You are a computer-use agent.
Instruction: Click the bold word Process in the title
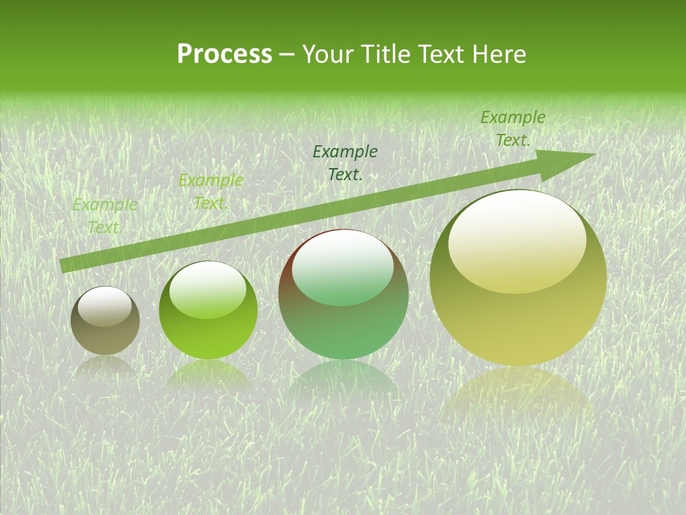(224, 54)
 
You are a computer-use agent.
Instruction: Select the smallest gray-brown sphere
(105, 320)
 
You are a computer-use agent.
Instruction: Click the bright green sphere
(208, 310)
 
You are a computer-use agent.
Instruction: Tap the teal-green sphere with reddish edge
(343, 294)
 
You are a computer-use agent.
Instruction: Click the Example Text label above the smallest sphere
(104, 216)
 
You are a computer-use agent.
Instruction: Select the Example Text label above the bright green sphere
(210, 192)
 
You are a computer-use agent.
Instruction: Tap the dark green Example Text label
(345, 162)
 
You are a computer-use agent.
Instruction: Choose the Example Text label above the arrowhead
(512, 129)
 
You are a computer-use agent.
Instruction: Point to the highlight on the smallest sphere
(104, 305)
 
